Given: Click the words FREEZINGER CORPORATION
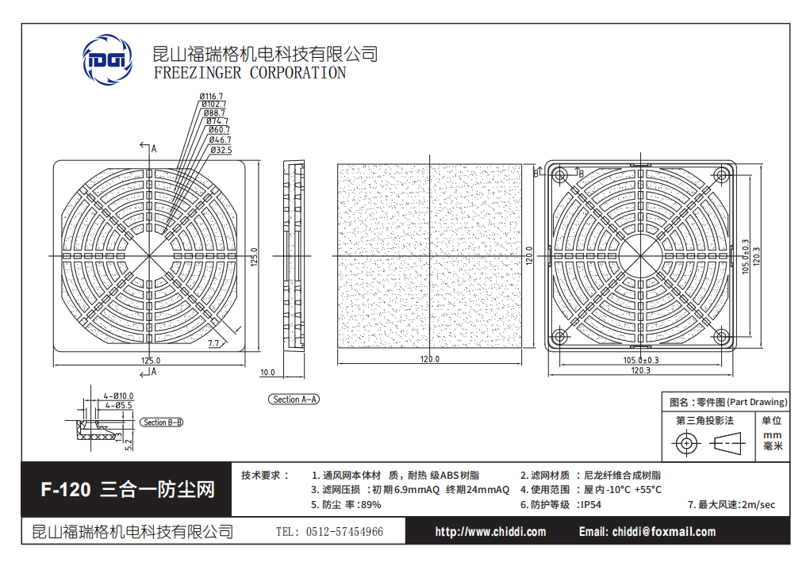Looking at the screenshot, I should coord(250,73).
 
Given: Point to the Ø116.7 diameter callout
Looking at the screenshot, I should coord(212,96).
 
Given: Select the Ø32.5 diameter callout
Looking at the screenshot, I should coord(220,150).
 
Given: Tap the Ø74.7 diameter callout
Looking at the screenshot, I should coord(216,120).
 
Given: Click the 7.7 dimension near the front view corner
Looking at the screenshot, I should coord(213,343).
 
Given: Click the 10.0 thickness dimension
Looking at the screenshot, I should coord(267,372).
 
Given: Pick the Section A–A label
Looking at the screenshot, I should coord(295,400).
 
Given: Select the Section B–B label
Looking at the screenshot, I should coord(162,423).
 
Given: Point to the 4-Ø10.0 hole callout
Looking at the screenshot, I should coord(119,395).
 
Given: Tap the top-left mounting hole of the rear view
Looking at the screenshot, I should coord(559,174).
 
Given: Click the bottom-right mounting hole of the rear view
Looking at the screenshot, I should coord(724,338).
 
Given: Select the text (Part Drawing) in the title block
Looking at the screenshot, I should coord(757,402).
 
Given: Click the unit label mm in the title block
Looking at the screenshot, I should coord(771,435).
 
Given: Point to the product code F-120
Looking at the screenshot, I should coord(66,490).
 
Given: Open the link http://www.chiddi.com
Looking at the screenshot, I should coord(490,532).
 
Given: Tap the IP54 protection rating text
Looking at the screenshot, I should coord(590,504).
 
